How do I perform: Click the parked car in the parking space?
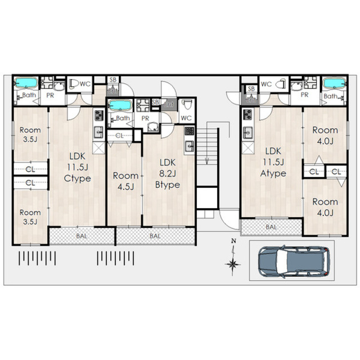click(x=294, y=261)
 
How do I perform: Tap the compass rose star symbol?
click(x=233, y=264)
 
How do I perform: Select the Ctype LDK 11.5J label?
click(x=78, y=168)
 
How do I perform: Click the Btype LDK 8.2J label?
click(x=168, y=174)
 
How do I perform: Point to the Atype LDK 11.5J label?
click(x=273, y=162)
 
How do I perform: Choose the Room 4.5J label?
click(x=125, y=181)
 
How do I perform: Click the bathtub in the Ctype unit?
click(x=26, y=83)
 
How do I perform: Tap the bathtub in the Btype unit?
click(x=120, y=105)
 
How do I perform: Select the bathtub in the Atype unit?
click(x=334, y=83)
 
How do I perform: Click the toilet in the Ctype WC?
click(x=74, y=84)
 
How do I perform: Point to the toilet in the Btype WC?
click(x=187, y=106)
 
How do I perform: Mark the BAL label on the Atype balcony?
click(x=271, y=227)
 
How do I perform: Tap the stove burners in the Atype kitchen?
click(x=247, y=115)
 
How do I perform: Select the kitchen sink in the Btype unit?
click(x=190, y=146)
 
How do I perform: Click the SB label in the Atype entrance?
click(x=251, y=88)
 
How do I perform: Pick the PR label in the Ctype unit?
click(x=50, y=95)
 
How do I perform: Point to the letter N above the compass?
click(x=234, y=241)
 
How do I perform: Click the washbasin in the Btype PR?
click(x=153, y=127)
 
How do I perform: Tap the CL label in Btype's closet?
click(x=119, y=136)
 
